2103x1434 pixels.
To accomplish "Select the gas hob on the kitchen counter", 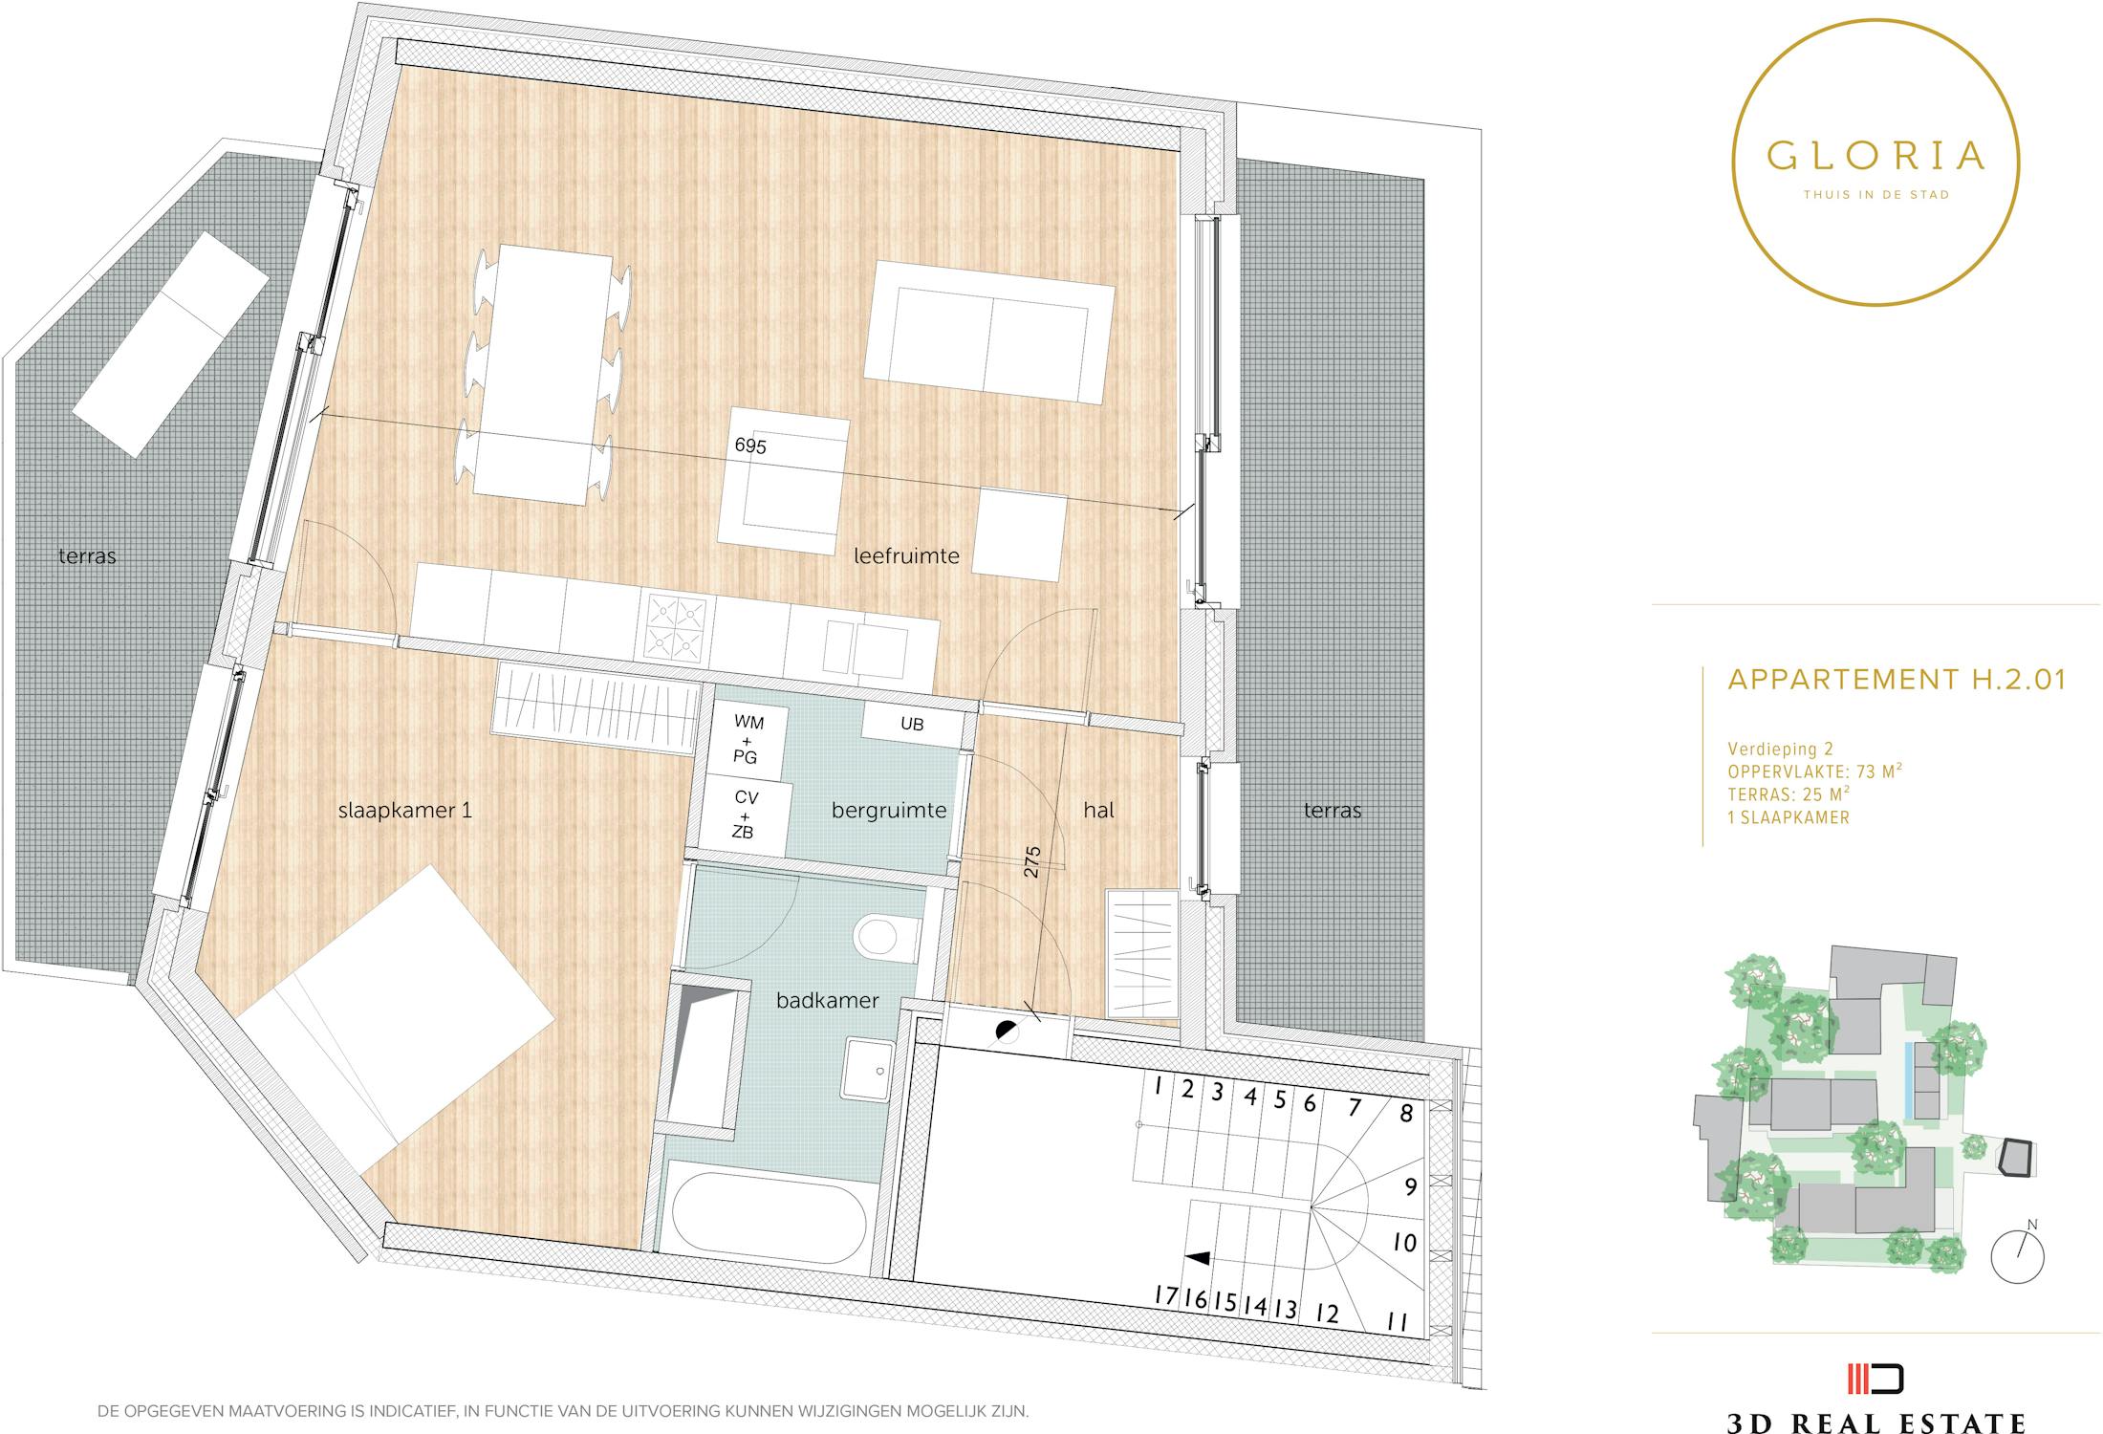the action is click(677, 626).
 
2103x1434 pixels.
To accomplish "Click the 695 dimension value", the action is click(750, 445).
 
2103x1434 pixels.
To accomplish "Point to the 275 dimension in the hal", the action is click(1031, 861).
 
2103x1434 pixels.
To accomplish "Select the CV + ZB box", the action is click(746, 815).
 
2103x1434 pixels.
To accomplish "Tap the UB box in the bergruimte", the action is click(912, 724).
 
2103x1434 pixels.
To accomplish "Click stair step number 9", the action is click(1411, 1187).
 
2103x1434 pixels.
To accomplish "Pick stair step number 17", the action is click(1165, 1295).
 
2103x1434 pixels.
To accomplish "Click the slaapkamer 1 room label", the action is click(405, 811).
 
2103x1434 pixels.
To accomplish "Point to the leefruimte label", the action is click(906, 555).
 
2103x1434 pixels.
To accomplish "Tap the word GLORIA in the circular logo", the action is click(1875, 156).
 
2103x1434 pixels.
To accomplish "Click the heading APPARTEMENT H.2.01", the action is click(1897, 679).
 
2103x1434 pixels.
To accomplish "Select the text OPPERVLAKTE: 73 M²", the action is click(1814, 771).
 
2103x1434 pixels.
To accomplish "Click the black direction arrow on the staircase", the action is click(1198, 1258).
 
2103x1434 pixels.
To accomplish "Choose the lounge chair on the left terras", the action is click(170, 344).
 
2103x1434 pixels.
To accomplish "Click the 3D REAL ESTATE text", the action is click(1875, 1422).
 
